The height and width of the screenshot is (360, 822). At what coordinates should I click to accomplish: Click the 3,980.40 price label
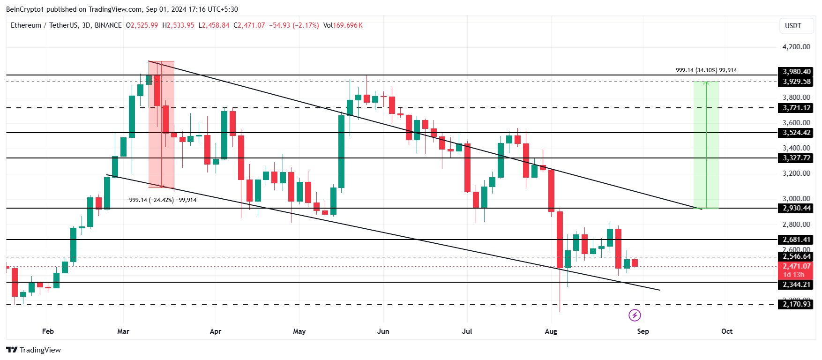[796, 72]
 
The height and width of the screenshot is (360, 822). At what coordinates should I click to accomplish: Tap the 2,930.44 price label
[796, 208]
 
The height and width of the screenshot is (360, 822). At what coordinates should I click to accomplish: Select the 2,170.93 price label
[796, 304]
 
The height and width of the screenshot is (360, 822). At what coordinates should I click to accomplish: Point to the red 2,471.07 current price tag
[796, 266]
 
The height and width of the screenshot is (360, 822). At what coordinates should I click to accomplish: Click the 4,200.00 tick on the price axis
[796, 47]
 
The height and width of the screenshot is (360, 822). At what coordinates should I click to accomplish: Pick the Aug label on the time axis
[551, 331]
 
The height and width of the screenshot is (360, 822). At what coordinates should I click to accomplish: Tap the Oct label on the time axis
[726, 331]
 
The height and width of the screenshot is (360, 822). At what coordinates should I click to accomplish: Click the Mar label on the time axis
[123, 331]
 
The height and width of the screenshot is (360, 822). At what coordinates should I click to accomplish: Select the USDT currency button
[793, 26]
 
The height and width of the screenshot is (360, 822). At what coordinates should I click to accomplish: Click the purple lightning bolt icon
[635, 315]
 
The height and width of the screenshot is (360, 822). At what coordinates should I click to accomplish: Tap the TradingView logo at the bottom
[34, 350]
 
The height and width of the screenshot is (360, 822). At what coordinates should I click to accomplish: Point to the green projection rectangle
[706, 145]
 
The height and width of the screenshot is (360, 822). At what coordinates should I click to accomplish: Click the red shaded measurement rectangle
[161, 124]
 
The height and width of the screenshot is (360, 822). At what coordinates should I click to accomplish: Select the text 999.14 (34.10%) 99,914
[706, 70]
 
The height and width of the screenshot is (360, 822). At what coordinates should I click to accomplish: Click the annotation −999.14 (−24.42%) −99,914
[161, 200]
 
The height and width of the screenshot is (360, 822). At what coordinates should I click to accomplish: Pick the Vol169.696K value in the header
[343, 25]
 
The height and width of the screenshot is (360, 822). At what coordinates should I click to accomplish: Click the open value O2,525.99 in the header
[142, 25]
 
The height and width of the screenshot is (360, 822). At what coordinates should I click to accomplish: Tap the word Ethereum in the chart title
[26, 25]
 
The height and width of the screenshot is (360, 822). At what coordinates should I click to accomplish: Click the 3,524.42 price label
[796, 133]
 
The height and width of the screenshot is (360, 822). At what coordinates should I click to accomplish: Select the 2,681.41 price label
[796, 240]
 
